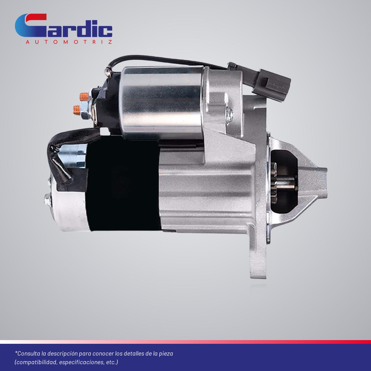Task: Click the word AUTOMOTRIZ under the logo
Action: pos(69,42)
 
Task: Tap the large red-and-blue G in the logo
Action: pos(31,25)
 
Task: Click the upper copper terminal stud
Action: pos(84,97)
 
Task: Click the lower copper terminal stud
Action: pos(77,110)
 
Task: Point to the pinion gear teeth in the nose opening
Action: pos(274,183)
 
